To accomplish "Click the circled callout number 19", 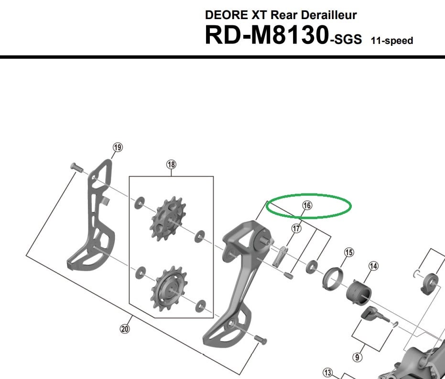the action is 118,147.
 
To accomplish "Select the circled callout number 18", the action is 171,164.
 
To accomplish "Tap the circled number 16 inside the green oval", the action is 307,206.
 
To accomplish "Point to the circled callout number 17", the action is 296,228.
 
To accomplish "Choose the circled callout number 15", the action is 349,253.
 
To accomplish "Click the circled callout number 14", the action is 373,266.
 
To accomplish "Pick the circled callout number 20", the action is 125,329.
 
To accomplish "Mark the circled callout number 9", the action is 358,357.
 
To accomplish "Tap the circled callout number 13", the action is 328,372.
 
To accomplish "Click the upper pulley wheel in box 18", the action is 168,219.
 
